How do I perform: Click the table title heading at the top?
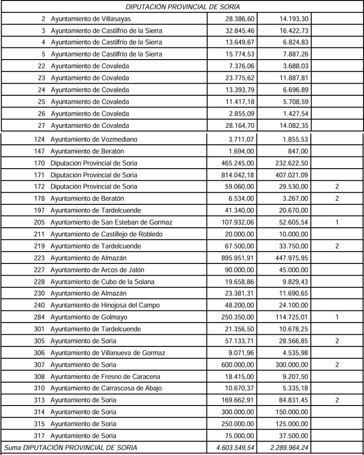[x=182, y=7]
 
